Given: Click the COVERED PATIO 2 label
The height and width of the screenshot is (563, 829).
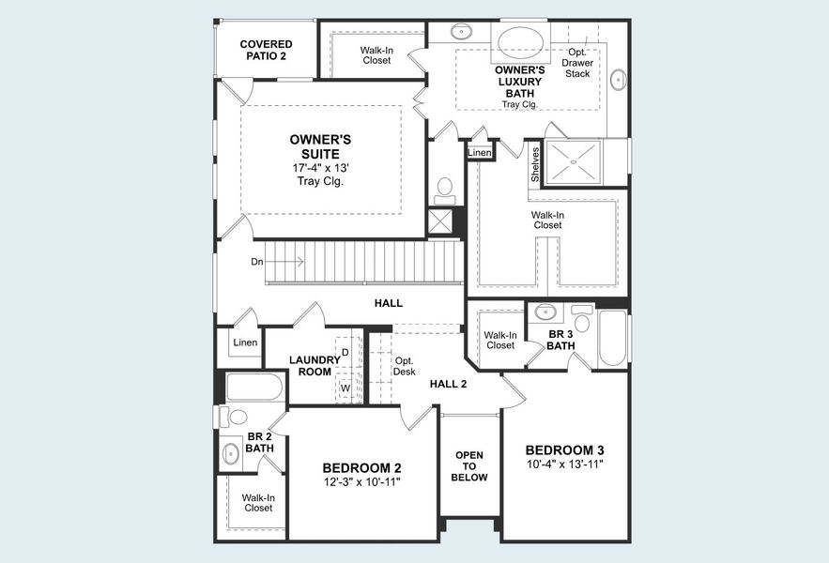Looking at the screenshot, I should click(x=266, y=50).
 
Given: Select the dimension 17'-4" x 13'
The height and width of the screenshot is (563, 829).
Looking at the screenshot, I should click(x=320, y=168).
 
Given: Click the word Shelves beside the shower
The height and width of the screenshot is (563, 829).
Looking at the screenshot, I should click(x=535, y=165).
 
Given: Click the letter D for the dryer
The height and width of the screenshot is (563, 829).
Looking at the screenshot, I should click(x=345, y=352).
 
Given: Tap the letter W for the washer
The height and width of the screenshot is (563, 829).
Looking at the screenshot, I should click(x=345, y=387).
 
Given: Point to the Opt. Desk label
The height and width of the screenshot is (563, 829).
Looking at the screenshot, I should click(x=405, y=366).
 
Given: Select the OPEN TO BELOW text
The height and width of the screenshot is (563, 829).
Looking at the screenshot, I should click(x=469, y=465).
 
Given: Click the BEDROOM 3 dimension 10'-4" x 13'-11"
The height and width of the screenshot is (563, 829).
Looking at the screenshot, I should click(x=563, y=464).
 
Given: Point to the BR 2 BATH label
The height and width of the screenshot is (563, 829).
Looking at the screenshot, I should click(x=260, y=442).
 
